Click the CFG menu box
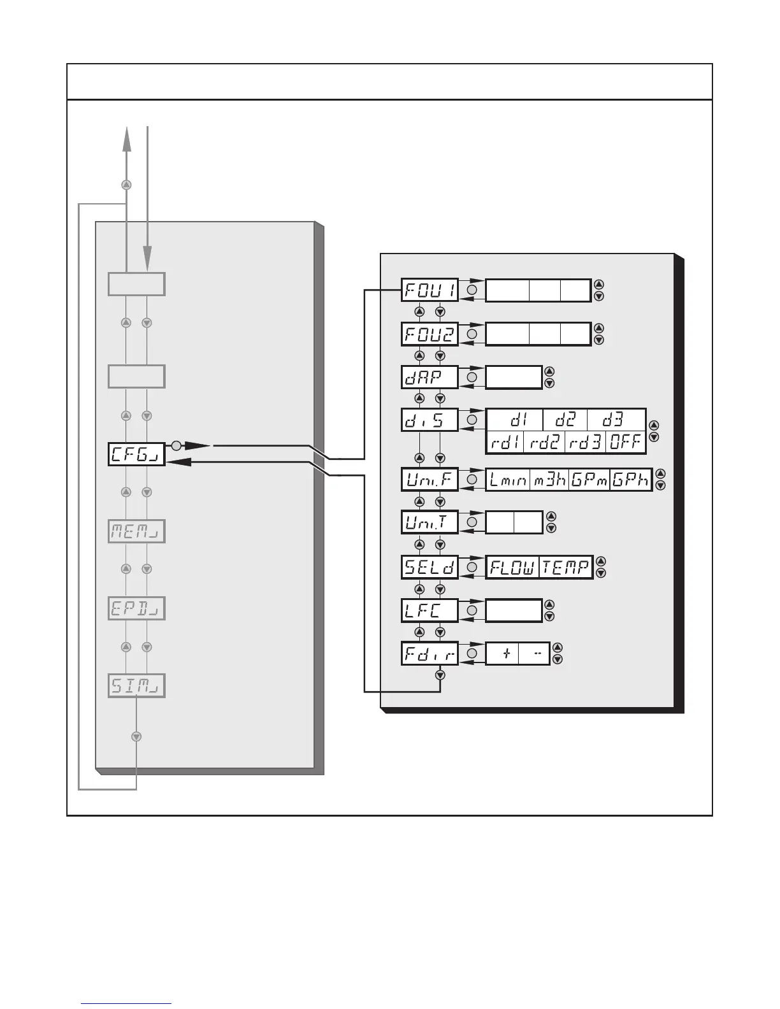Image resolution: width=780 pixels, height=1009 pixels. (136, 454)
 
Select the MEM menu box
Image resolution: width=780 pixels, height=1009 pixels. (136, 531)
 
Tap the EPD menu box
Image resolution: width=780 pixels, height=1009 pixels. (136, 609)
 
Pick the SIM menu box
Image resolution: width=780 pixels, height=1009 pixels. (136, 686)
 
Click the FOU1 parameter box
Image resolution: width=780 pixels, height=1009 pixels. (430, 290)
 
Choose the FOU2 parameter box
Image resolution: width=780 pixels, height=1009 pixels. (430, 334)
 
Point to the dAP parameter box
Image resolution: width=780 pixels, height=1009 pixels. (430, 377)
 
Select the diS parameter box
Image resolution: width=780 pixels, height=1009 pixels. (430, 420)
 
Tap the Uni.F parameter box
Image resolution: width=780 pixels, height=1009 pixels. (430, 479)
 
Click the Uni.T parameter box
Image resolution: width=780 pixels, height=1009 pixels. (430, 522)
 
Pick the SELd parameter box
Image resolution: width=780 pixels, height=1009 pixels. (430, 566)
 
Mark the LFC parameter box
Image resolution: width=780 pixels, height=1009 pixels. (430, 610)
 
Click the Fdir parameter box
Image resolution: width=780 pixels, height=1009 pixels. (430, 654)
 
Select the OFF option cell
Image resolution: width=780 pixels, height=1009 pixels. (625, 442)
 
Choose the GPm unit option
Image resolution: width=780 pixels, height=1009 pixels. (589, 480)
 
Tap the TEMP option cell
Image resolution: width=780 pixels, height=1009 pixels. (565, 567)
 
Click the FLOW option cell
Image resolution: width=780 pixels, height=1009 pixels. (512, 567)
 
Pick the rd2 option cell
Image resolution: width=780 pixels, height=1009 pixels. (544, 442)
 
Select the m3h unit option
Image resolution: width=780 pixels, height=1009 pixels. (549, 480)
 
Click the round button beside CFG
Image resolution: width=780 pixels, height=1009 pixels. (177, 445)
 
